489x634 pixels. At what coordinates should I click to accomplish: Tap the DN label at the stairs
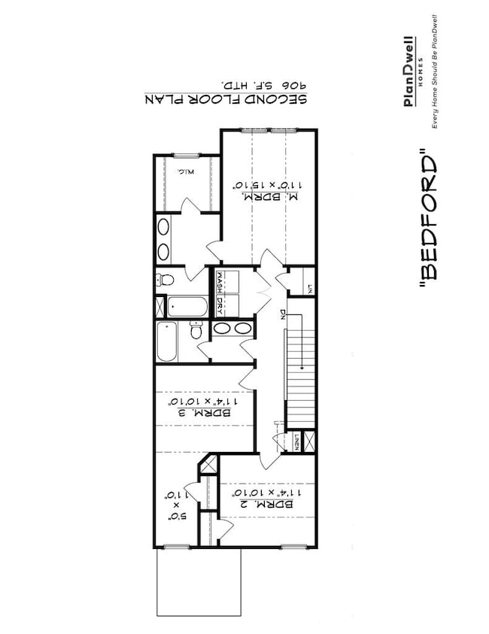[x=282, y=314]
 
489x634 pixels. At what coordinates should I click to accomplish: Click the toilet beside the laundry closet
[x=166, y=281]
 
